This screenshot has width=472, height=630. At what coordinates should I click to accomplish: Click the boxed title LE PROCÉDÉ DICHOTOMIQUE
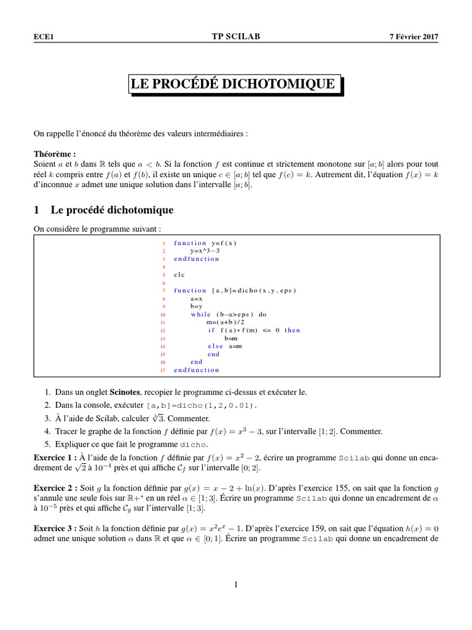[x=234, y=84]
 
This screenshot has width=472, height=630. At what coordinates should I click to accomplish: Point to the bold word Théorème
[x=54, y=153]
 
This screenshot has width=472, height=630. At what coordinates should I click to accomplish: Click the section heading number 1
[x=37, y=210]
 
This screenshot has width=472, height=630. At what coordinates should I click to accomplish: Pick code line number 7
[x=165, y=290]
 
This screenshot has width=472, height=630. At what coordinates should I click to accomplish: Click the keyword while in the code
[x=200, y=314]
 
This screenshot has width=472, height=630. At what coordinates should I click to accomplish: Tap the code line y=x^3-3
[x=206, y=251]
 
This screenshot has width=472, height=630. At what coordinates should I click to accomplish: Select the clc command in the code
[x=179, y=274]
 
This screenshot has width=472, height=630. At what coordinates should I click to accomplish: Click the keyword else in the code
[x=215, y=346]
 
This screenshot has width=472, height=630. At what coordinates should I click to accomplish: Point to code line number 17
[x=163, y=370]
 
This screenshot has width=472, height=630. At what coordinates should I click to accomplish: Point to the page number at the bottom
[x=235, y=585]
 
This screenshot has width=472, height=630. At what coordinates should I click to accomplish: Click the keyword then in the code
[x=293, y=330]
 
